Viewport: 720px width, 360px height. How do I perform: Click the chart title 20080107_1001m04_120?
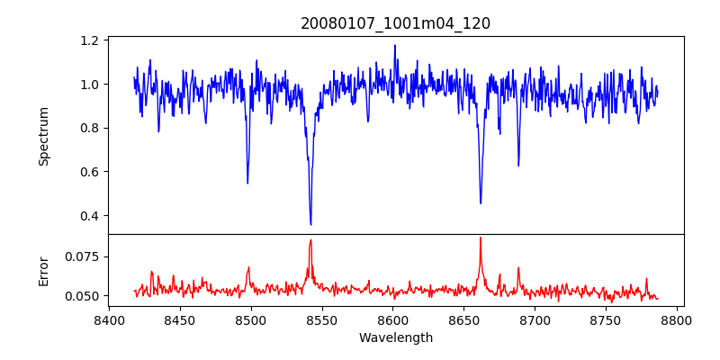[x=395, y=23]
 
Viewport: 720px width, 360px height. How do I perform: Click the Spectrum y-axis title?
[x=43, y=136]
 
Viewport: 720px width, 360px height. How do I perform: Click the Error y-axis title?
[x=43, y=270]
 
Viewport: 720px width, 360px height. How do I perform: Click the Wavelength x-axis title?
[x=395, y=338]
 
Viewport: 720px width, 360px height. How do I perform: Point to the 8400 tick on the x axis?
[x=109, y=319]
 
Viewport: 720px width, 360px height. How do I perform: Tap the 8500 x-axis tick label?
[x=251, y=319]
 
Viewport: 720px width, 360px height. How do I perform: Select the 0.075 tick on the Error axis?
[x=83, y=256]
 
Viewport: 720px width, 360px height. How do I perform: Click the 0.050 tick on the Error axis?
[x=83, y=296]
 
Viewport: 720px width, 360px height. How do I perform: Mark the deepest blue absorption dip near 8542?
[x=310, y=224]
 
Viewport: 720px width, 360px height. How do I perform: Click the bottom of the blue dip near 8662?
[x=481, y=203]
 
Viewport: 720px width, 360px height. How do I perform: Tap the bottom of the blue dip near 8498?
[x=247, y=184]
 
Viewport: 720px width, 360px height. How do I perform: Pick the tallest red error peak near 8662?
[x=481, y=238]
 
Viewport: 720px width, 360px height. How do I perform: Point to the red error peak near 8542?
[x=310, y=239]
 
